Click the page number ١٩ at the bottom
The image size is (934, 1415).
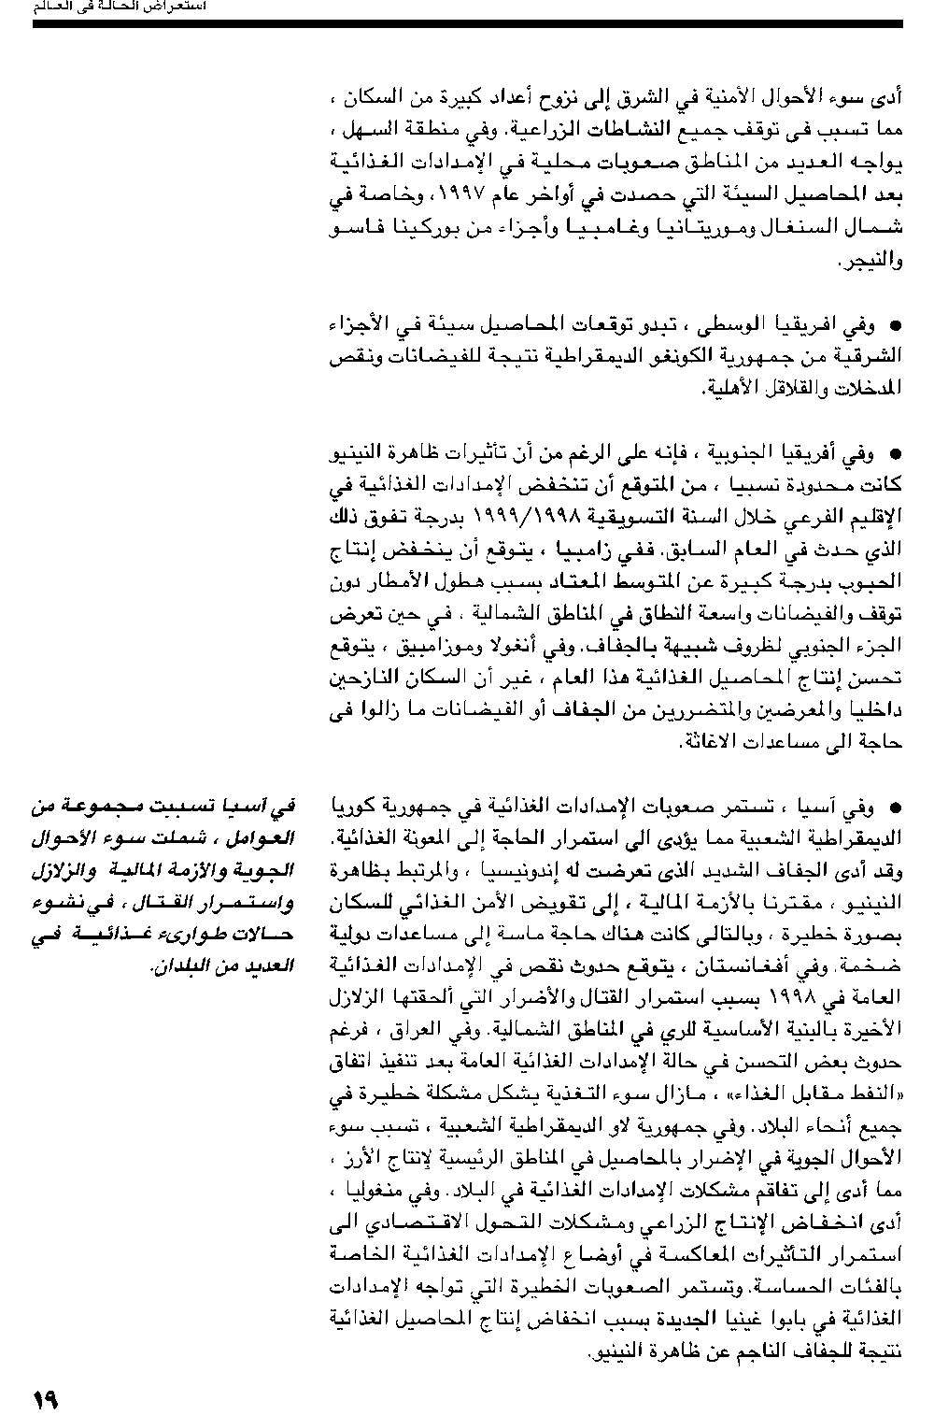[45, 1398]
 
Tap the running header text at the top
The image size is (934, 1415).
[120, 7]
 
